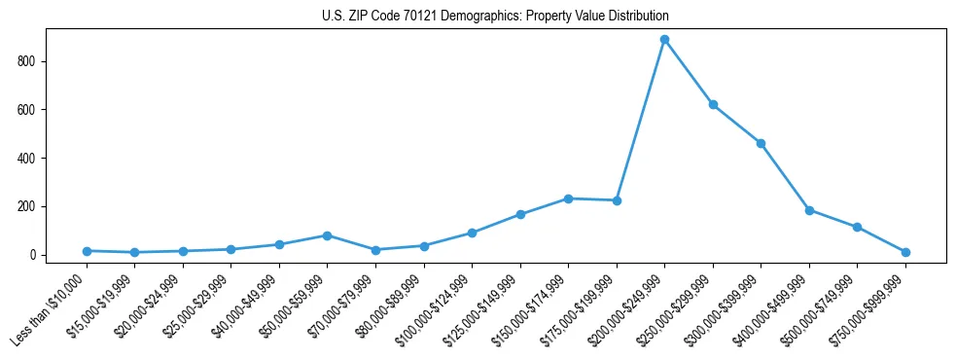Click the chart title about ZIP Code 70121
click(495, 17)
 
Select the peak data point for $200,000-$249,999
click(664, 40)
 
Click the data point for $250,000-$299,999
click(713, 105)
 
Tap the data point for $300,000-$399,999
click(761, 143)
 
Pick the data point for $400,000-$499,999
click(809, 210)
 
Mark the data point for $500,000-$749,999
click(857, 228)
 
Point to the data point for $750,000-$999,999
click(905, 252)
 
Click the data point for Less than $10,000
click(88, 251)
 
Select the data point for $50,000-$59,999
click(328, 235)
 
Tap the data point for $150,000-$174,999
click(568, 198)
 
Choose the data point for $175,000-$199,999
click(617, 200)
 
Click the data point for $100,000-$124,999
click(472, 234)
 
